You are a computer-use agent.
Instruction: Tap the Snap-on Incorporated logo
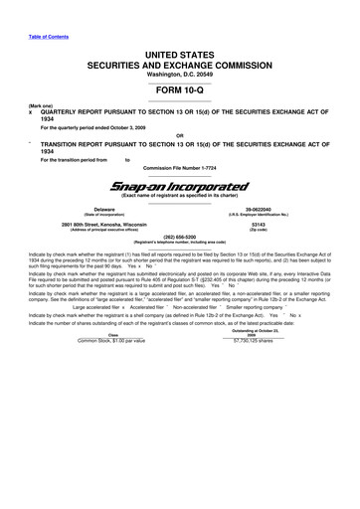[x=179, y=184]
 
